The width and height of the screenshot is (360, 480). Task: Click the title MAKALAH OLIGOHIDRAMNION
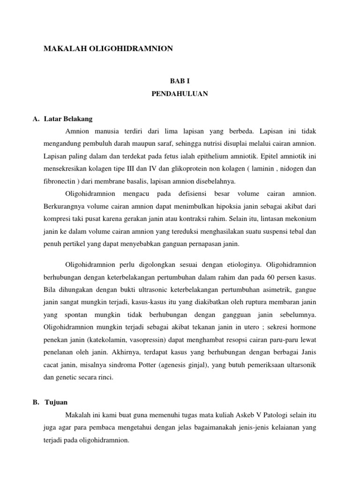108,48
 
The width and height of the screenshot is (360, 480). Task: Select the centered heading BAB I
180,81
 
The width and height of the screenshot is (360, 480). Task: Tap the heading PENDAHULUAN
180,94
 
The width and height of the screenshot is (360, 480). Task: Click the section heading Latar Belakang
71,119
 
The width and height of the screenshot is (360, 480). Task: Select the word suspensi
269,231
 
